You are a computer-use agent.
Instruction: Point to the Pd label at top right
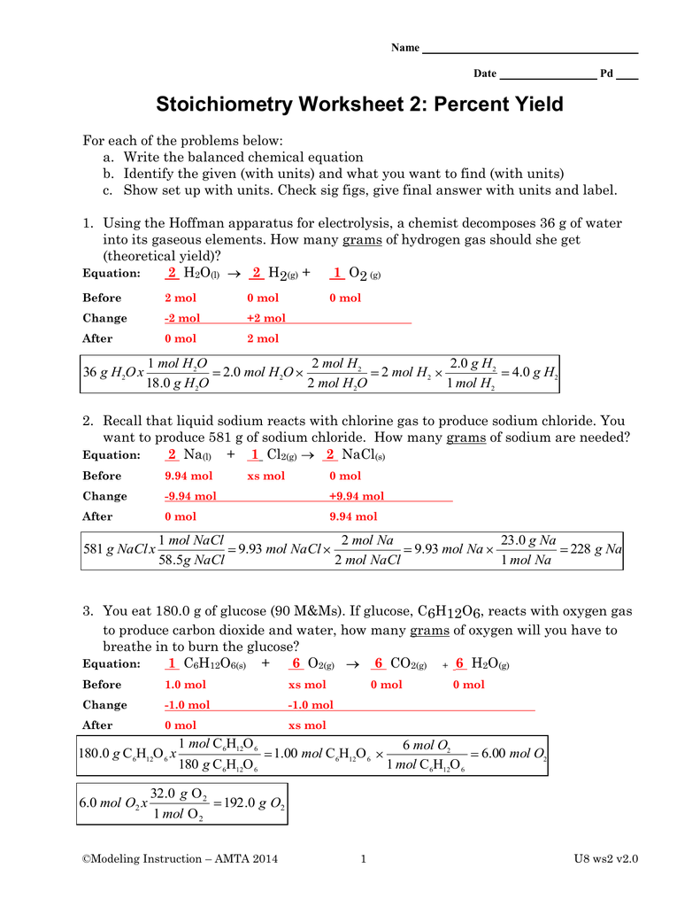coord(607,74)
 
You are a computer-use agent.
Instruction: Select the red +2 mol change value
coord(266,318)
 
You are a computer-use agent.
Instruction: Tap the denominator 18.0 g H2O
coord(178,384)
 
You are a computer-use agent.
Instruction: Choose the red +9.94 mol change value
coord(357,496)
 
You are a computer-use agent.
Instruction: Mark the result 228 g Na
coord(597,550)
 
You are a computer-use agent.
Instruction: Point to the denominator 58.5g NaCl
coord(191,561)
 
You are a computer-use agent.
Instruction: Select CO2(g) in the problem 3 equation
coord(408,664)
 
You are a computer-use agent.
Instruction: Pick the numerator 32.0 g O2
coord(177,794)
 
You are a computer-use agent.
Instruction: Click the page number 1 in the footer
coord(364,858)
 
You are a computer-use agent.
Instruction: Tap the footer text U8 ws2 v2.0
coord(606,858)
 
